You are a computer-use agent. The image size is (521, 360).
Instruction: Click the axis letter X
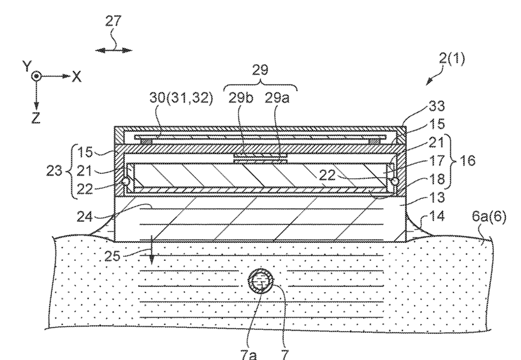[77, 76]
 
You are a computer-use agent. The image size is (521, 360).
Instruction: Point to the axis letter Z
[36, 118]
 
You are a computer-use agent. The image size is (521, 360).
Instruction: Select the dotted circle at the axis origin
[37, 77]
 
